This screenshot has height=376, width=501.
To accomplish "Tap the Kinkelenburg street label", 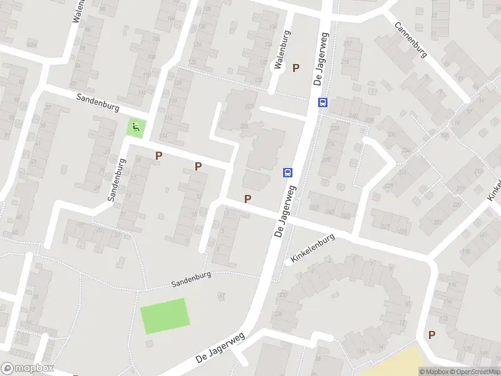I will pos(312,249).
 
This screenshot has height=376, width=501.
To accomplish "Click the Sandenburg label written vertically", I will pos(116,179).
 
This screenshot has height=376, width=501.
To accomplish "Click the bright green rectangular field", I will pos(165,316).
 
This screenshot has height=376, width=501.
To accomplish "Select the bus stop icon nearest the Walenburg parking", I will pos(323,103).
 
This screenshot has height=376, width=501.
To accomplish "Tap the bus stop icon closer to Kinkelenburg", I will pos(287,172).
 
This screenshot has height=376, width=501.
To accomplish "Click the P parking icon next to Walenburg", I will pos(296,68).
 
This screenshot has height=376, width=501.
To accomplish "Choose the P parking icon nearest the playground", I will pos(158,155).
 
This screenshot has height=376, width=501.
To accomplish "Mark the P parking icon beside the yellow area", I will pos(431,335).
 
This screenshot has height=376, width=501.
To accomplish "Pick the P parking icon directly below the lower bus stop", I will pos(248,199).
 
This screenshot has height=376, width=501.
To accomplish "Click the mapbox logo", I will pos(28,368).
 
